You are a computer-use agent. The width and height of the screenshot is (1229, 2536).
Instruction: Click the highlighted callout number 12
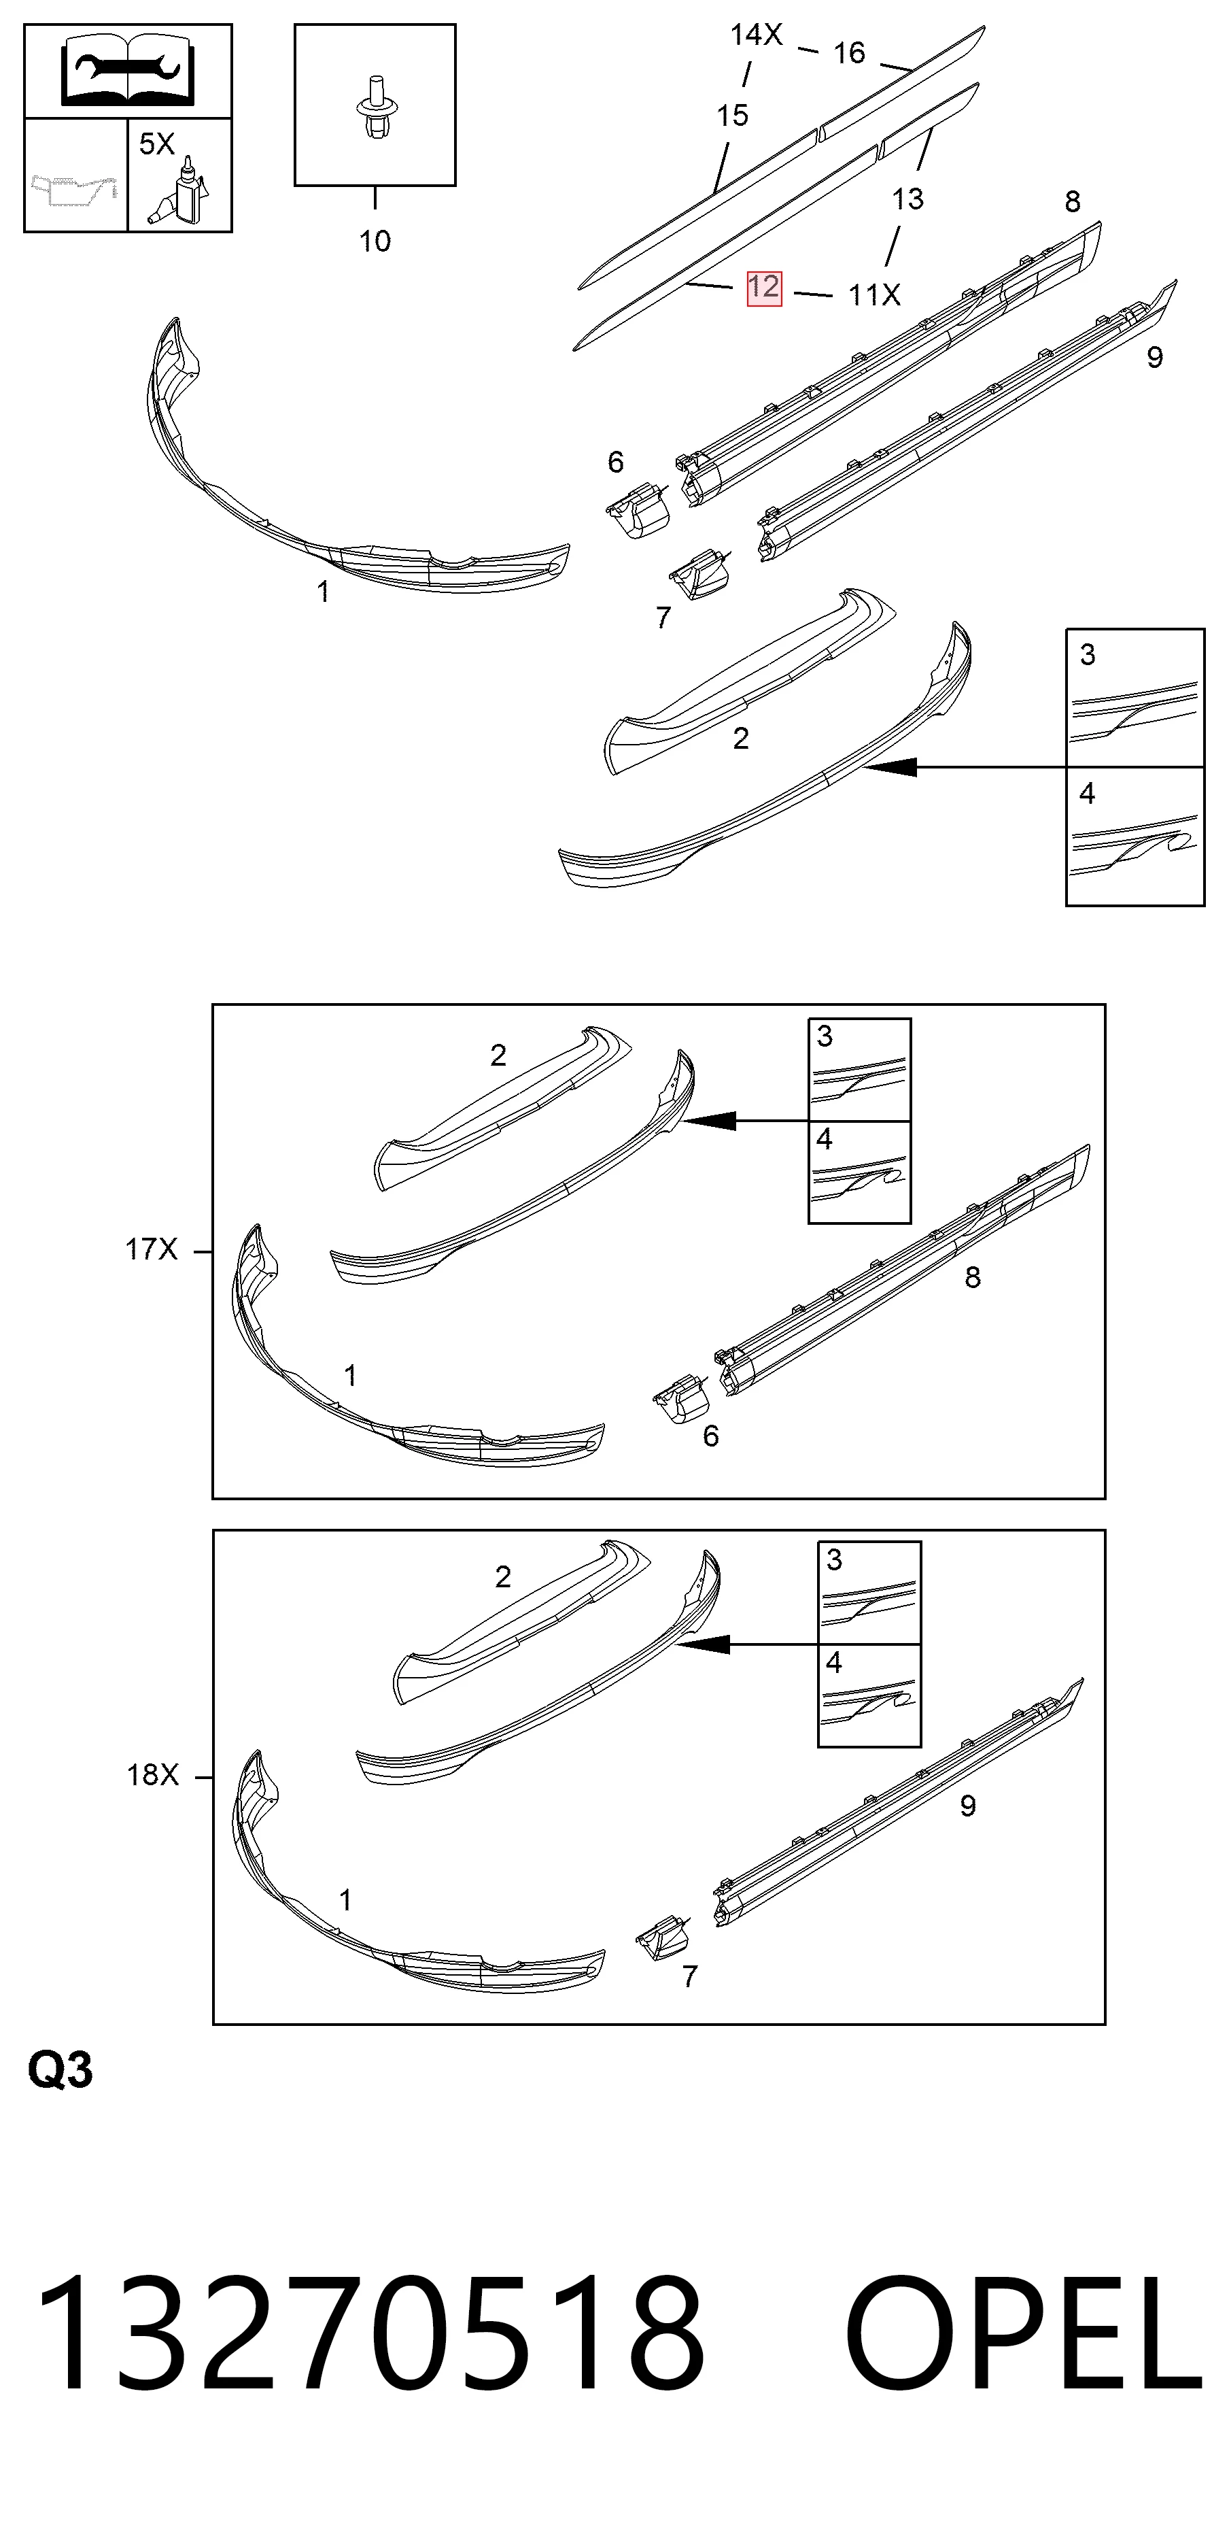pyautogui.click(x=763, y=288)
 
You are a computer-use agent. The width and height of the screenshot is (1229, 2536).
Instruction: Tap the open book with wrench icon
pyautogui.click(x=128, y=70)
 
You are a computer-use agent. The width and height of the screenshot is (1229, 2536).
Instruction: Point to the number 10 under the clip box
pyautogui.click(x=375, y=241)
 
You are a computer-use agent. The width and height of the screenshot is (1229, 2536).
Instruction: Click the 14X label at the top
pyautogui.click(x=756, y=35)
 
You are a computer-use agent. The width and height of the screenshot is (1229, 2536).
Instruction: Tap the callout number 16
pyautogui.click(x=849, y=53)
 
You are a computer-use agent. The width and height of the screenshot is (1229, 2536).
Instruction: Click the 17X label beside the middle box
pyautogui.click(x=152, y=1249)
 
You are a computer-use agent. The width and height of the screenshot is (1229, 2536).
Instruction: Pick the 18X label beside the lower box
pyautogui.click(x=152, y=1775)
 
